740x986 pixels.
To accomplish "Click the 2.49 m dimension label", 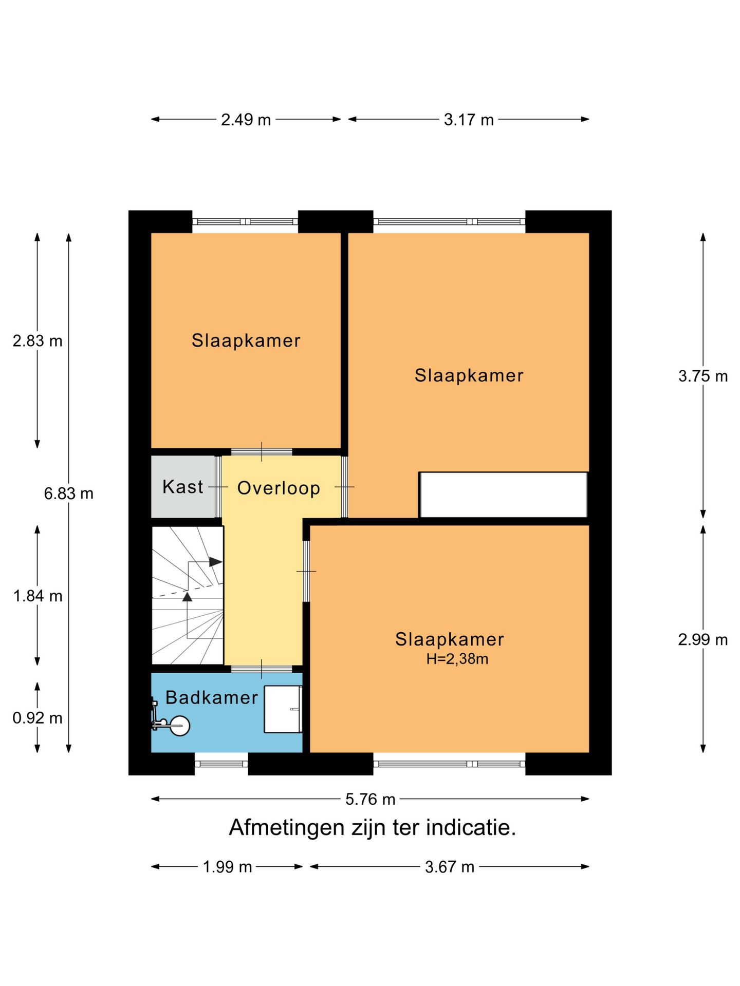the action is tap(246, 120).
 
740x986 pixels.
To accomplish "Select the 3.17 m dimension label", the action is tap(469, 120).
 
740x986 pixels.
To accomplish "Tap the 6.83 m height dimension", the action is tap(68, 494).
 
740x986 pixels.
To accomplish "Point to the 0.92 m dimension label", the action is tap(38, 718).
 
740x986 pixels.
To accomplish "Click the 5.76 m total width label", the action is tap(370, 799).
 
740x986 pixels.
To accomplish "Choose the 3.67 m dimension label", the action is tap(450, 867).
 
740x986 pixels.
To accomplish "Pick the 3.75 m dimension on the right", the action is tap(703, 376).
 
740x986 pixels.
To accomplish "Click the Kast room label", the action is tap(182, 487).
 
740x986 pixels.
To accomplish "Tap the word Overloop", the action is tap(279, 488).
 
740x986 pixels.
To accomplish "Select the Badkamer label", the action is tap(212, 697).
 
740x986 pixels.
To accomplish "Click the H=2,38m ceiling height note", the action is tap(457, 659).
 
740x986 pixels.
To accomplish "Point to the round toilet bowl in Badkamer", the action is tap(180, 726).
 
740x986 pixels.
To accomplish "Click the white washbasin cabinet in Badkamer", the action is tap(283, 709).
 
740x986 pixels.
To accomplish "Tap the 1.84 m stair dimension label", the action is tap(38, 596).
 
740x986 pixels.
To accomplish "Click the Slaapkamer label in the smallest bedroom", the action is tap(246, 340).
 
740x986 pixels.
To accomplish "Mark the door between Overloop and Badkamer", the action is tap(262, 669).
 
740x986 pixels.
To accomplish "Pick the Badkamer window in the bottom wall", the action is tap(221, 764).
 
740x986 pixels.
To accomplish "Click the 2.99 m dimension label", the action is tap(703, 640).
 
